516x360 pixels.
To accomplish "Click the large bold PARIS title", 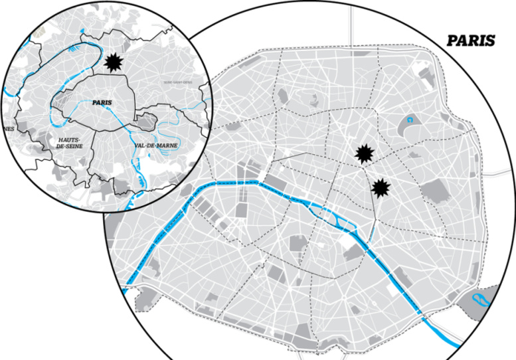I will (470, 41).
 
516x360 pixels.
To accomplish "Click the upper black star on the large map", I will (364, 154).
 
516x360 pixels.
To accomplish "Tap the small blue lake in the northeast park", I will (410, 121).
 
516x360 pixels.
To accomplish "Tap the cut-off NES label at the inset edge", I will (8, 128).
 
